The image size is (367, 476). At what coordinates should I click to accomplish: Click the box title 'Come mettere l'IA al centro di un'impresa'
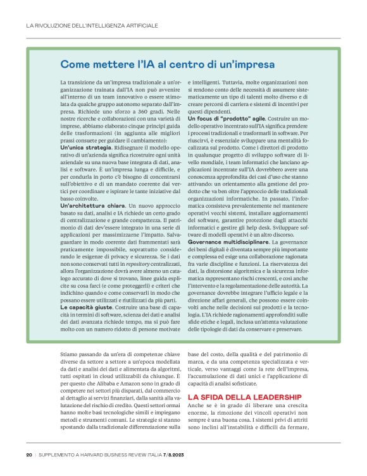tap(167, 64)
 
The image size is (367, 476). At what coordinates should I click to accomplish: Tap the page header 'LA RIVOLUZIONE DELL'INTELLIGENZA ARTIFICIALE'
tap(92, 26)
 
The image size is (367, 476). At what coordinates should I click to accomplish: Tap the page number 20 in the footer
tap(29, 454)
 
